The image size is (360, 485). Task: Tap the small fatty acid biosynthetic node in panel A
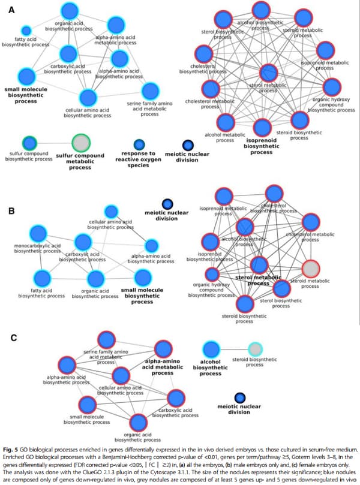click(26, 30)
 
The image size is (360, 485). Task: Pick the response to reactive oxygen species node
click(139, 144)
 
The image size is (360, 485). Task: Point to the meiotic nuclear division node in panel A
click(187, 144)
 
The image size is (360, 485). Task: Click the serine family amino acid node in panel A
click(149, 91)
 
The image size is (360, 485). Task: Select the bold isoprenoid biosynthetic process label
click(262, 146)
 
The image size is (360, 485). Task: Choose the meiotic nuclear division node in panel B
click(168, 204)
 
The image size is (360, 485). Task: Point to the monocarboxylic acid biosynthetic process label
click(37, 248)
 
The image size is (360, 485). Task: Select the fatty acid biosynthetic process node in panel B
click(41, 278)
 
